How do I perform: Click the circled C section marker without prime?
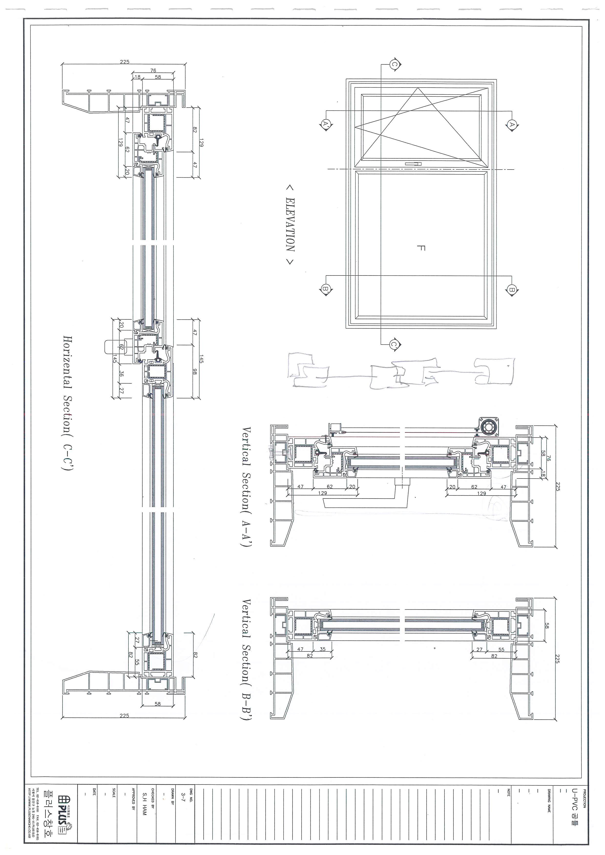click(x=394, y=64)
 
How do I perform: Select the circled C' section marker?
click(x=394, y=345)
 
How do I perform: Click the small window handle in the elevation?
click(x=413, y=164)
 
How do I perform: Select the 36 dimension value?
click(x=121, y=375)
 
